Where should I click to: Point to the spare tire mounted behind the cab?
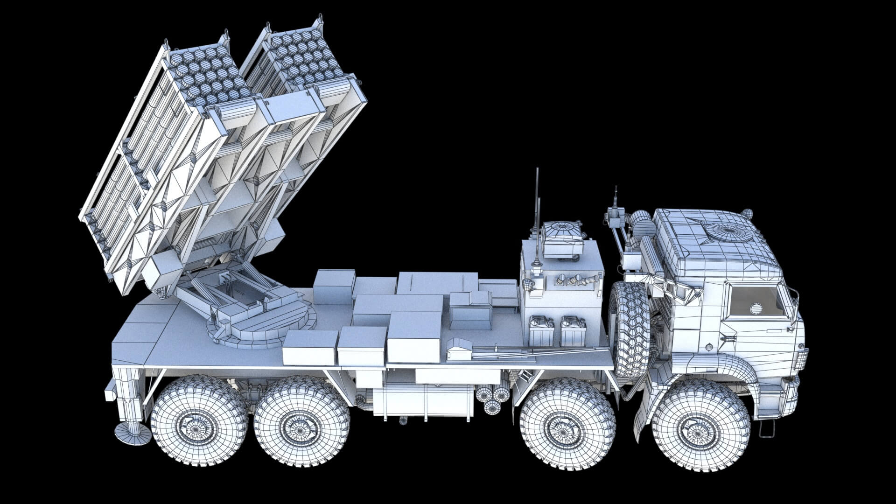click(630, 329)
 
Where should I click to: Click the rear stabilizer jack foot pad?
click(133, 434)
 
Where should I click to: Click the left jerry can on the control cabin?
click(541, 331)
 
